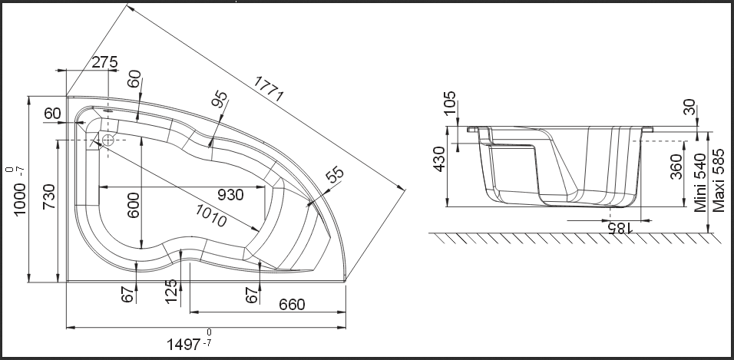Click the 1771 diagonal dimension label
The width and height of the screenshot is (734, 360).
click(x=269, y=89)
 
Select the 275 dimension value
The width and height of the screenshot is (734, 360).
click(x=104, y=62)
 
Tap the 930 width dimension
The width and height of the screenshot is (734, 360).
click(x=230, y=195)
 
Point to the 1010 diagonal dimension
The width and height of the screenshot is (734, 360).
click(x=210, y=216)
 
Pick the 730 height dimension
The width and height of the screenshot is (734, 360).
click(x=48, y=197)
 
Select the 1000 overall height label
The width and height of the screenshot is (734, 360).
click(x=19, y=199)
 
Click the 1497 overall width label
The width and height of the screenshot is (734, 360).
click(x=184, y=345)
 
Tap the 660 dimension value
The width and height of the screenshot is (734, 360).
click(x=292, y=305)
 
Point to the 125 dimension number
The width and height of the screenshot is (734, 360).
click(x=172, y=291)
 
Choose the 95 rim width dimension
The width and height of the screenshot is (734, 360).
click(x=220, y=99)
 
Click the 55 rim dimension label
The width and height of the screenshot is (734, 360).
click(x=335, y=174)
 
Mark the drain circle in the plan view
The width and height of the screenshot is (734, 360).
click(x=107, y=140)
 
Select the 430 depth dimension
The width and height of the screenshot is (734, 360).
click(x=439, y=159)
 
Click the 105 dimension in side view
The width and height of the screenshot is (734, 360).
click(x=449, y=103)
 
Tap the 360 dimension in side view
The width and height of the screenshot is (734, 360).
click(x=676, y=167)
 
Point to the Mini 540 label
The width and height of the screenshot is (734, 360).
click(x=699, y=183)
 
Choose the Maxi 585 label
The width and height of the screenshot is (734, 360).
click(x=719, y=180)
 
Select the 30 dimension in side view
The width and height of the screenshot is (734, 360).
click(x=689, y=107)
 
